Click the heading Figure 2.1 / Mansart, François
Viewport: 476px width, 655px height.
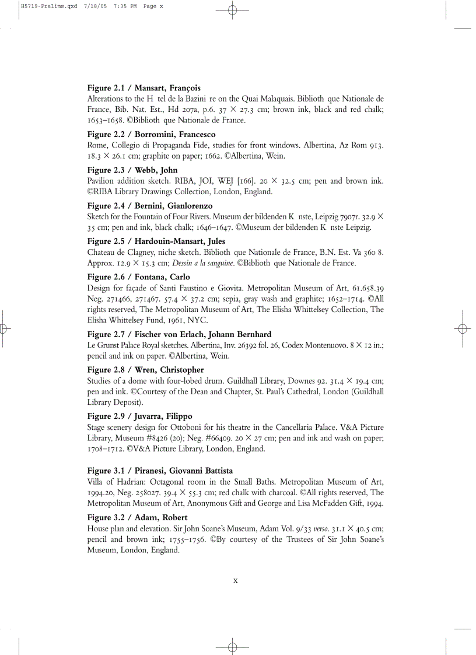point(143,88)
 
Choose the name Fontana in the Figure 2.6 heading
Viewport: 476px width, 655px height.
point(152,277)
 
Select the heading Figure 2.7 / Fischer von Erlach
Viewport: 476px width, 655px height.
point(179,334)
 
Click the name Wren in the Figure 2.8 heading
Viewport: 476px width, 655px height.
point(148,370)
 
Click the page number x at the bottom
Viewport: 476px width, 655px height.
point(235,580)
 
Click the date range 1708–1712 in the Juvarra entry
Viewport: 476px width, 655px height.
point(106,449)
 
